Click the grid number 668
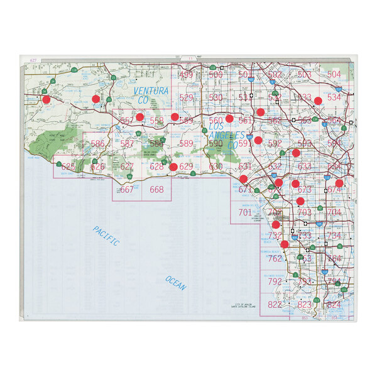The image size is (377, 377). click(156, 190)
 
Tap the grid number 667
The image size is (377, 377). click(127, 190)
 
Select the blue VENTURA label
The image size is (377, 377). click(151, 92)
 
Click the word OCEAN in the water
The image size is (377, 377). click(176, 283)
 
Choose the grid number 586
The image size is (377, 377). click(97, 144)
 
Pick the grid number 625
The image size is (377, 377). click(68, 167)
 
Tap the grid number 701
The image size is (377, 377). click(245, 212)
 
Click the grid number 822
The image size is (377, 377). click(275, 304)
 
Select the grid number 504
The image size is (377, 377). click(334, 75)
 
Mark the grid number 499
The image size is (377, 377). click(187, 75)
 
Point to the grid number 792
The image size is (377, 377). click(275, 281)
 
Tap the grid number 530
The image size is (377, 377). click(216, 97)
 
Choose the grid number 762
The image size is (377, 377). click(275, 258)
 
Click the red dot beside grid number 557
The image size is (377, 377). click(139, 117)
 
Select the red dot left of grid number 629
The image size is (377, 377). click(173, 167)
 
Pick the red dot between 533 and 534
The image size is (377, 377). click(319, 101)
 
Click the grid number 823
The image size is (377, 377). click(305, 304)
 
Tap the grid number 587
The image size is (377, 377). click(127, 144)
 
